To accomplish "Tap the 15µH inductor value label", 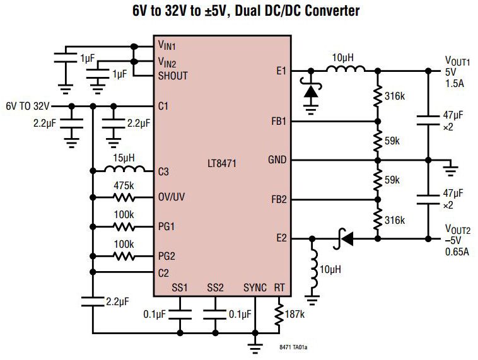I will [124, 158].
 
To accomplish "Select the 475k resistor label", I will [124, 186].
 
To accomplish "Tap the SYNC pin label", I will [255, 288].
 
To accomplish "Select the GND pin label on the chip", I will [277, 160].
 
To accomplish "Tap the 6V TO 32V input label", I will [28, 106].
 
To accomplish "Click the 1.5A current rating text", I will [455, 83].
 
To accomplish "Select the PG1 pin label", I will [168, 226].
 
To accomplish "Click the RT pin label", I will [279, 288].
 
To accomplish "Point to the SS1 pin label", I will [180, 288].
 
